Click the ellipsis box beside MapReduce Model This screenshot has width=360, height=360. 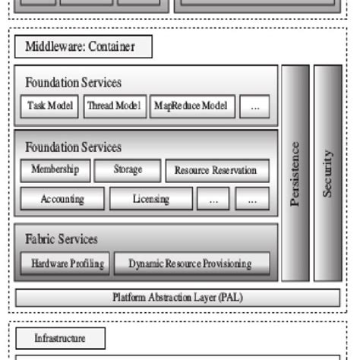coord(254,107)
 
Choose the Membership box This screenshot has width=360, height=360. coord(55,170)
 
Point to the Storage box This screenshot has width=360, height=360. coord(128,170)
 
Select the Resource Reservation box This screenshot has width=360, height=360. coord(216,171)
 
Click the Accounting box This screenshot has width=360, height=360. coord(62,199)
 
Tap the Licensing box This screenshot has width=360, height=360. coord(151,199)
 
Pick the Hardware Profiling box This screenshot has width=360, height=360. coord(68,264)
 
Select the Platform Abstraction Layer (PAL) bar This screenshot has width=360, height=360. coord(178,297)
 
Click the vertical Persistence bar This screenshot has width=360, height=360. coord(295,173)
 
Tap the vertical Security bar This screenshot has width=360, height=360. coord(328,173)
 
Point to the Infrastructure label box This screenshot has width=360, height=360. coord(60,338)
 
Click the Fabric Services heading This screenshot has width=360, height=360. coord(62,239)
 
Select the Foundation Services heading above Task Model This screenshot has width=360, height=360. coord(73,82)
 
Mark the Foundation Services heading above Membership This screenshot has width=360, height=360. coord(73,147)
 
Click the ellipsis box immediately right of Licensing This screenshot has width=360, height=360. coord(213,199)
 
